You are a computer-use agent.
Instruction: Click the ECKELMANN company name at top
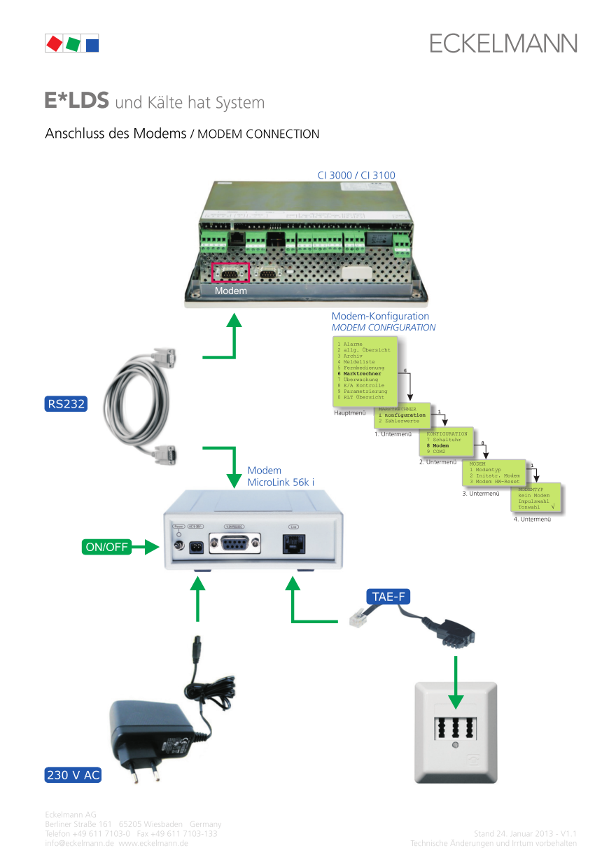coord(503,43)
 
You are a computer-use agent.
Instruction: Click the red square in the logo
coord(53,43)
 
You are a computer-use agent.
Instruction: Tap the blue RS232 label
coord(66,403)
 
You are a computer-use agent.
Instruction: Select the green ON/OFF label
coord(107,548)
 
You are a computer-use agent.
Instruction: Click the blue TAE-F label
coord(388,597)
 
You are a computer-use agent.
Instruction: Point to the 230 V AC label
coord(73,775)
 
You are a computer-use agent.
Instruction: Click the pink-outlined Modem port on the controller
coord(230,273)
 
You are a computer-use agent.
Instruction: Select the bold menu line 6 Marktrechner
coord(359,374)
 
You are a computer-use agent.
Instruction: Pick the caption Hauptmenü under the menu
coord(350,413)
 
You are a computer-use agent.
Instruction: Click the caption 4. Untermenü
coord(531,519)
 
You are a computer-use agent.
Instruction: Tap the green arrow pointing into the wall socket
coord(456,686)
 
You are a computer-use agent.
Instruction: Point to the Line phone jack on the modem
coord(294,544)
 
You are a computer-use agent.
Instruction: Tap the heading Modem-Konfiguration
coord(380,317)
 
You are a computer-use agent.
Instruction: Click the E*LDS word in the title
coord(77,102)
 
